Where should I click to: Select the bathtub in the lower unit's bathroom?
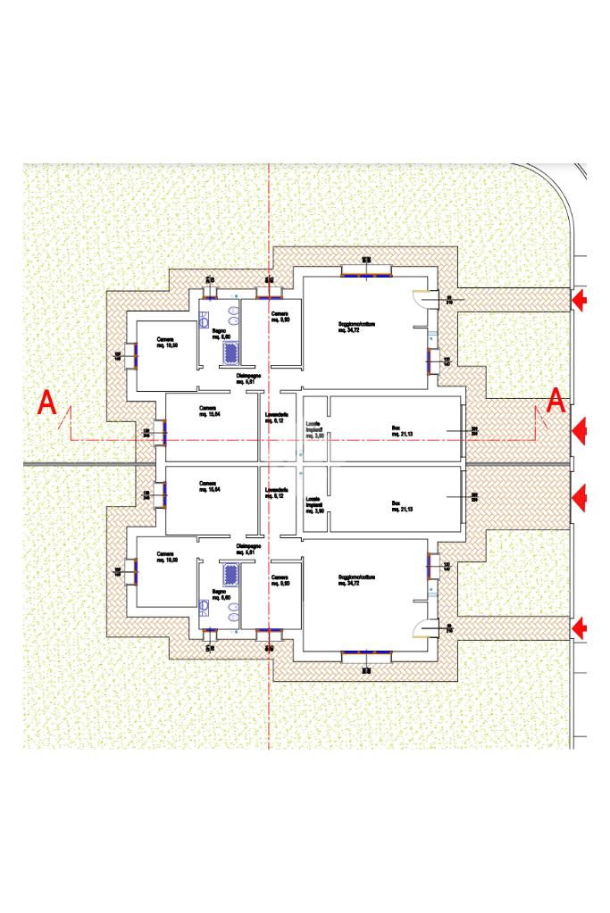[231, 573]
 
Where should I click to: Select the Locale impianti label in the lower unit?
[313, 503]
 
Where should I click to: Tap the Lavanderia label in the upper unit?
[277, 417]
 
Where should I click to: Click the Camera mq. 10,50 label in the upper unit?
[167, 342]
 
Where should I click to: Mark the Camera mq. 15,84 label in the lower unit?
[210, 486]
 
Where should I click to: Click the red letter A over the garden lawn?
[47, 404]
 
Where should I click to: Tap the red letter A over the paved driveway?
[556, 401]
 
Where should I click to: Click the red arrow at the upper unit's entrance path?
[580, 300]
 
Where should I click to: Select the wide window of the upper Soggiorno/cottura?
[366, 271]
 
